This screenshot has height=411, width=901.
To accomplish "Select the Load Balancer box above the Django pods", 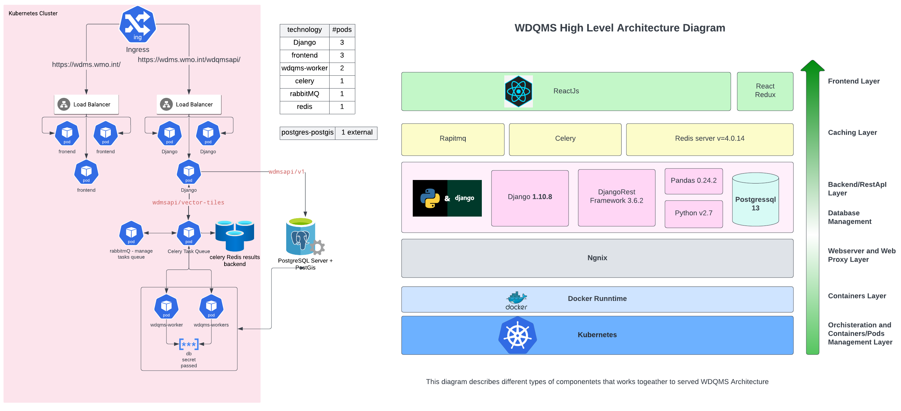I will (189, 104).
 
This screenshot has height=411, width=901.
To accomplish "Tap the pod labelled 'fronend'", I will (67, 133).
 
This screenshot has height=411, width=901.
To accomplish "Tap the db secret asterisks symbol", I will (189, 344).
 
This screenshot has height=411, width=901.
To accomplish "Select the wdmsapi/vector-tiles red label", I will (188, 202).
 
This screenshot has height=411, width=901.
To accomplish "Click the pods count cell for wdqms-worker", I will (342, 68).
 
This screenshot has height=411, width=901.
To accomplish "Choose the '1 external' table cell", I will (357, 133).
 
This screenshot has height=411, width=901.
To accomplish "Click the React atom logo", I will (518, 91).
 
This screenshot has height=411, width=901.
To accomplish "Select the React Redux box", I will (765, 91).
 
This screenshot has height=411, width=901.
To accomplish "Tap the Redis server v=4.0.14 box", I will (709, 139).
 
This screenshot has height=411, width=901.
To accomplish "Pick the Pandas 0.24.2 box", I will (693, 181).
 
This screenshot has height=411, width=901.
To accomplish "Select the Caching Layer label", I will (852, 133).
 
